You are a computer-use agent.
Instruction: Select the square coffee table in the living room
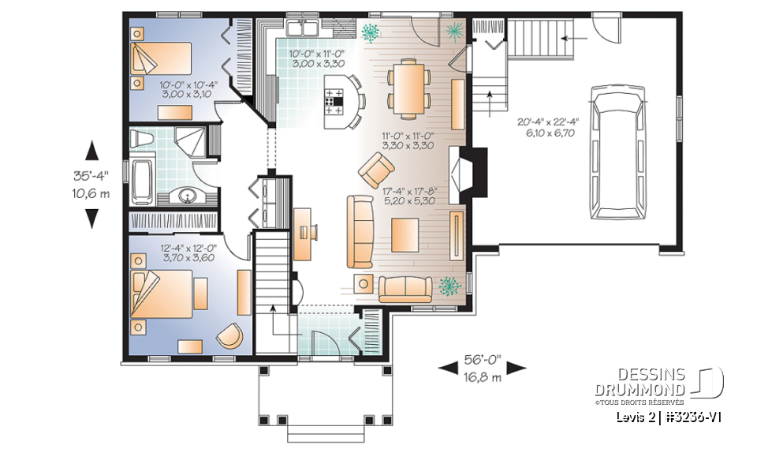pos(410,234)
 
